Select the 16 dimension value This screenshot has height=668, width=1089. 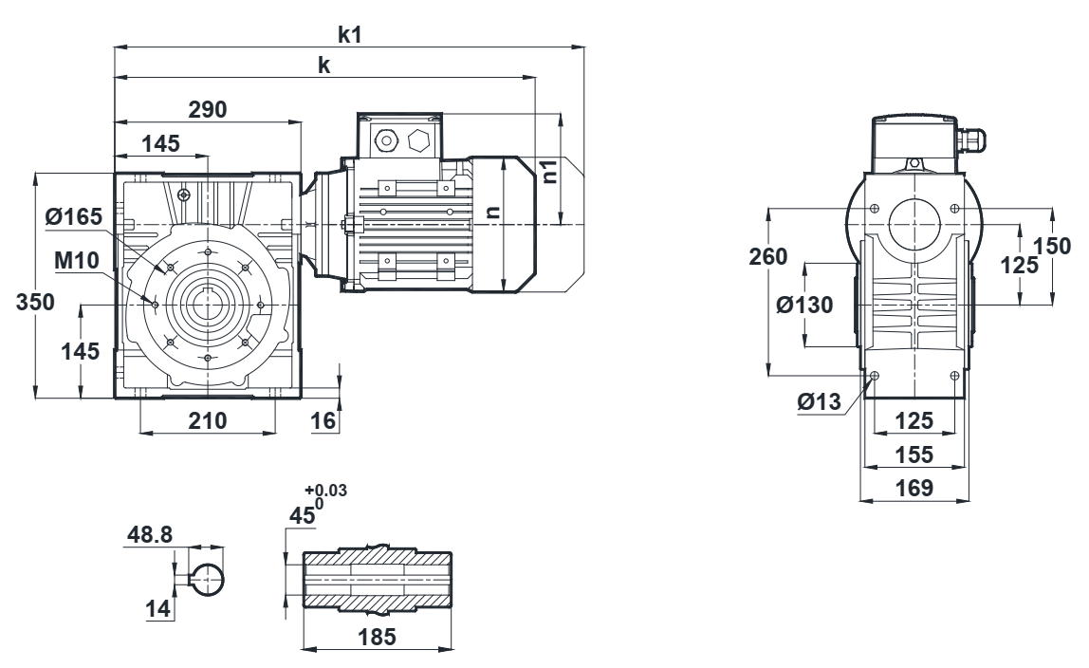coord(323,420)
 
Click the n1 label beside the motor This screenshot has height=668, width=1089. coord(547,172)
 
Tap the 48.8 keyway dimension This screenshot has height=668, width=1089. coord(150,534)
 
